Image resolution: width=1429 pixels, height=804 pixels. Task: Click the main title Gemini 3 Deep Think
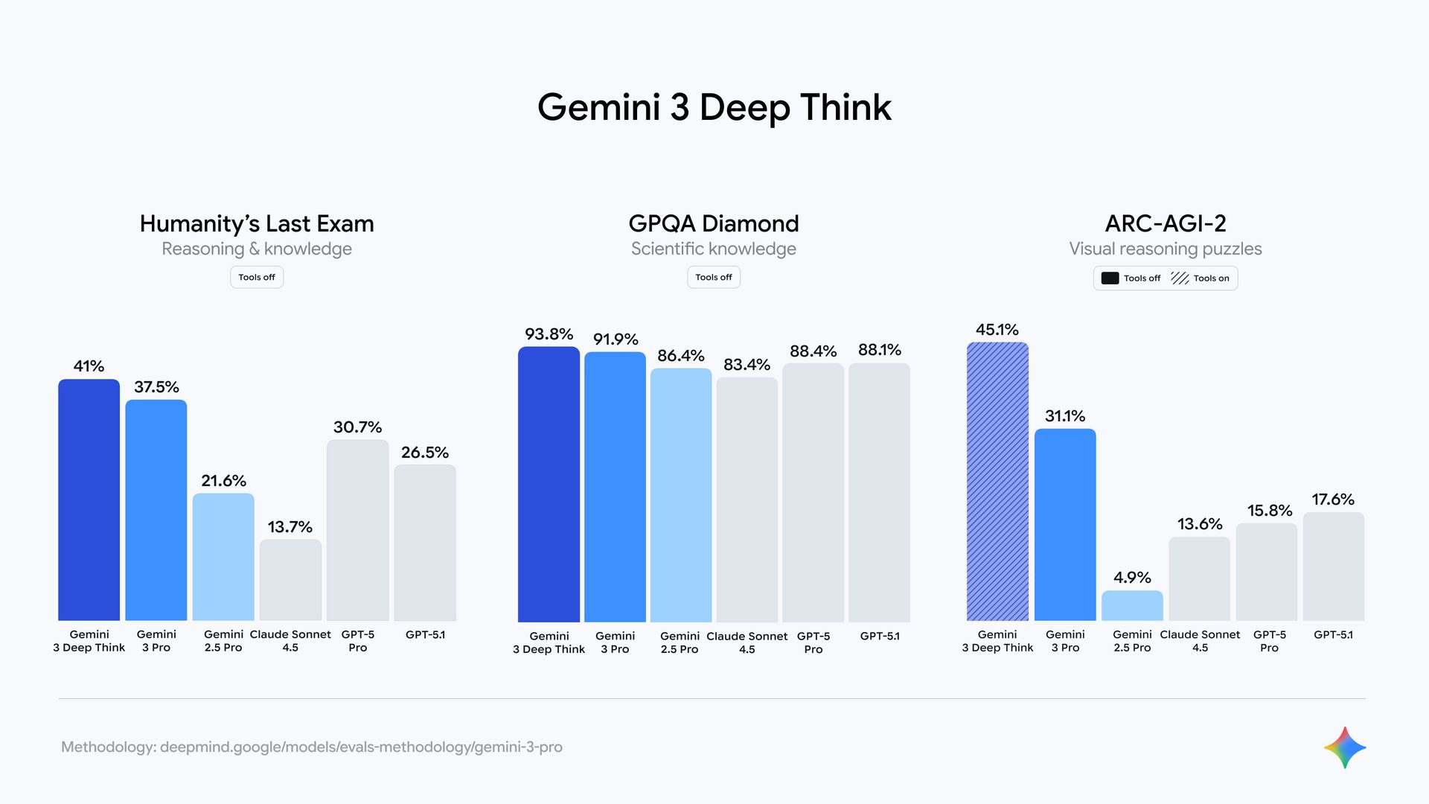point(714,107)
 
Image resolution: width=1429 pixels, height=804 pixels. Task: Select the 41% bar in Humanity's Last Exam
point(89,500)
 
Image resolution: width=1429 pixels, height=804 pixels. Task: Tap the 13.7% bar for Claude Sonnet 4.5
point(290,580)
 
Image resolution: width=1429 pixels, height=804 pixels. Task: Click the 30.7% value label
point(357,427)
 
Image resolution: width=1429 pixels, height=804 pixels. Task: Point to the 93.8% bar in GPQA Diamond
point(549,484)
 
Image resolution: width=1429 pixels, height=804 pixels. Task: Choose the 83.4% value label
point(747,365)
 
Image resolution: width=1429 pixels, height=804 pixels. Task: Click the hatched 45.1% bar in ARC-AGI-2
point(997,481)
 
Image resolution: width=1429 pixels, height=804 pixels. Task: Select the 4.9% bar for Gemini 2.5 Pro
point(1132,605)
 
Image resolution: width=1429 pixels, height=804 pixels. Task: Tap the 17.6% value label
point(1333,500)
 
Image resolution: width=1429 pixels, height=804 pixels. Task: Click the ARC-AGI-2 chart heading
point(1166,223)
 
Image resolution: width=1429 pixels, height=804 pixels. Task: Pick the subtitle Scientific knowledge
point(713,249)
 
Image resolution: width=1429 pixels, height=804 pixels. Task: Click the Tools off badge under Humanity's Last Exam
point(257,277)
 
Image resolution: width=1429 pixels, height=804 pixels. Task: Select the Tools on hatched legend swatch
point(1180,278)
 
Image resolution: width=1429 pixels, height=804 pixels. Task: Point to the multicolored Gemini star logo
point(1345,747)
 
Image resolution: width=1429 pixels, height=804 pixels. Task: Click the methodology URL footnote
point(312,747)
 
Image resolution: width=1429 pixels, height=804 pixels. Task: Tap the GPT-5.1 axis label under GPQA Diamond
point(880,636)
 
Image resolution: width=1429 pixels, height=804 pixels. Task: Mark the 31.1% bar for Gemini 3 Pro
point(1065,524)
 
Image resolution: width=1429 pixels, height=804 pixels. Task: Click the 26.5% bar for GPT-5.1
point(425,543)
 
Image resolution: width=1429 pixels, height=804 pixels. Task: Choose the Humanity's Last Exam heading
point(257,223)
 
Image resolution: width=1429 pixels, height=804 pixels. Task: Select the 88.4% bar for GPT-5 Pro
point(813,492)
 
